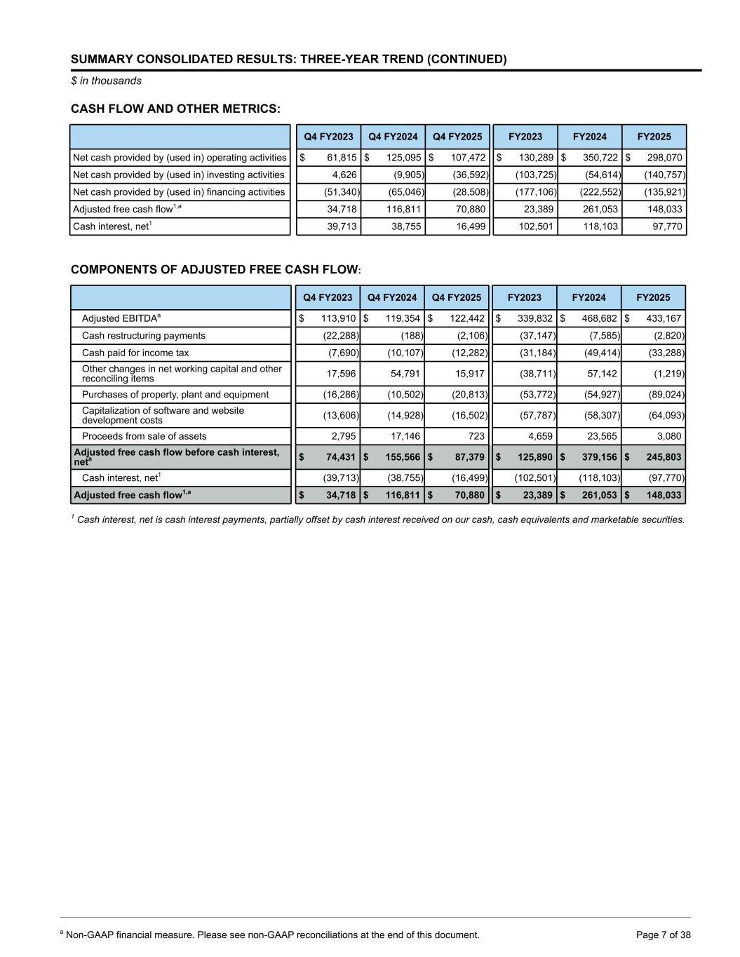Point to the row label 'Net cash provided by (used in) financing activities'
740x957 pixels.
pos(179,192)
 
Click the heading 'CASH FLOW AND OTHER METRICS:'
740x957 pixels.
pos(175,109)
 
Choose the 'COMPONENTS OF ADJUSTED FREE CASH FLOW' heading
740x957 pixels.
pos(215,270)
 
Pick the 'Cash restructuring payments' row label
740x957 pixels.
pos(144,336)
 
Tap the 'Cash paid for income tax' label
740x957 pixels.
pos(135,353)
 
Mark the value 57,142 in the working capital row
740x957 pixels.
pos(603,374)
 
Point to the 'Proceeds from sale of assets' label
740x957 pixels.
pos(144,436)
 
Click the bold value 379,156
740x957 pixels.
pos(598,457)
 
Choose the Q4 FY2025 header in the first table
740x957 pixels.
pos(457,137)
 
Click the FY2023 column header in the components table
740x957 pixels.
pos(525,297)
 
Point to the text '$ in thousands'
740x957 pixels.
pos(106,81)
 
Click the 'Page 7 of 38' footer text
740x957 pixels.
pos(663,935)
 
